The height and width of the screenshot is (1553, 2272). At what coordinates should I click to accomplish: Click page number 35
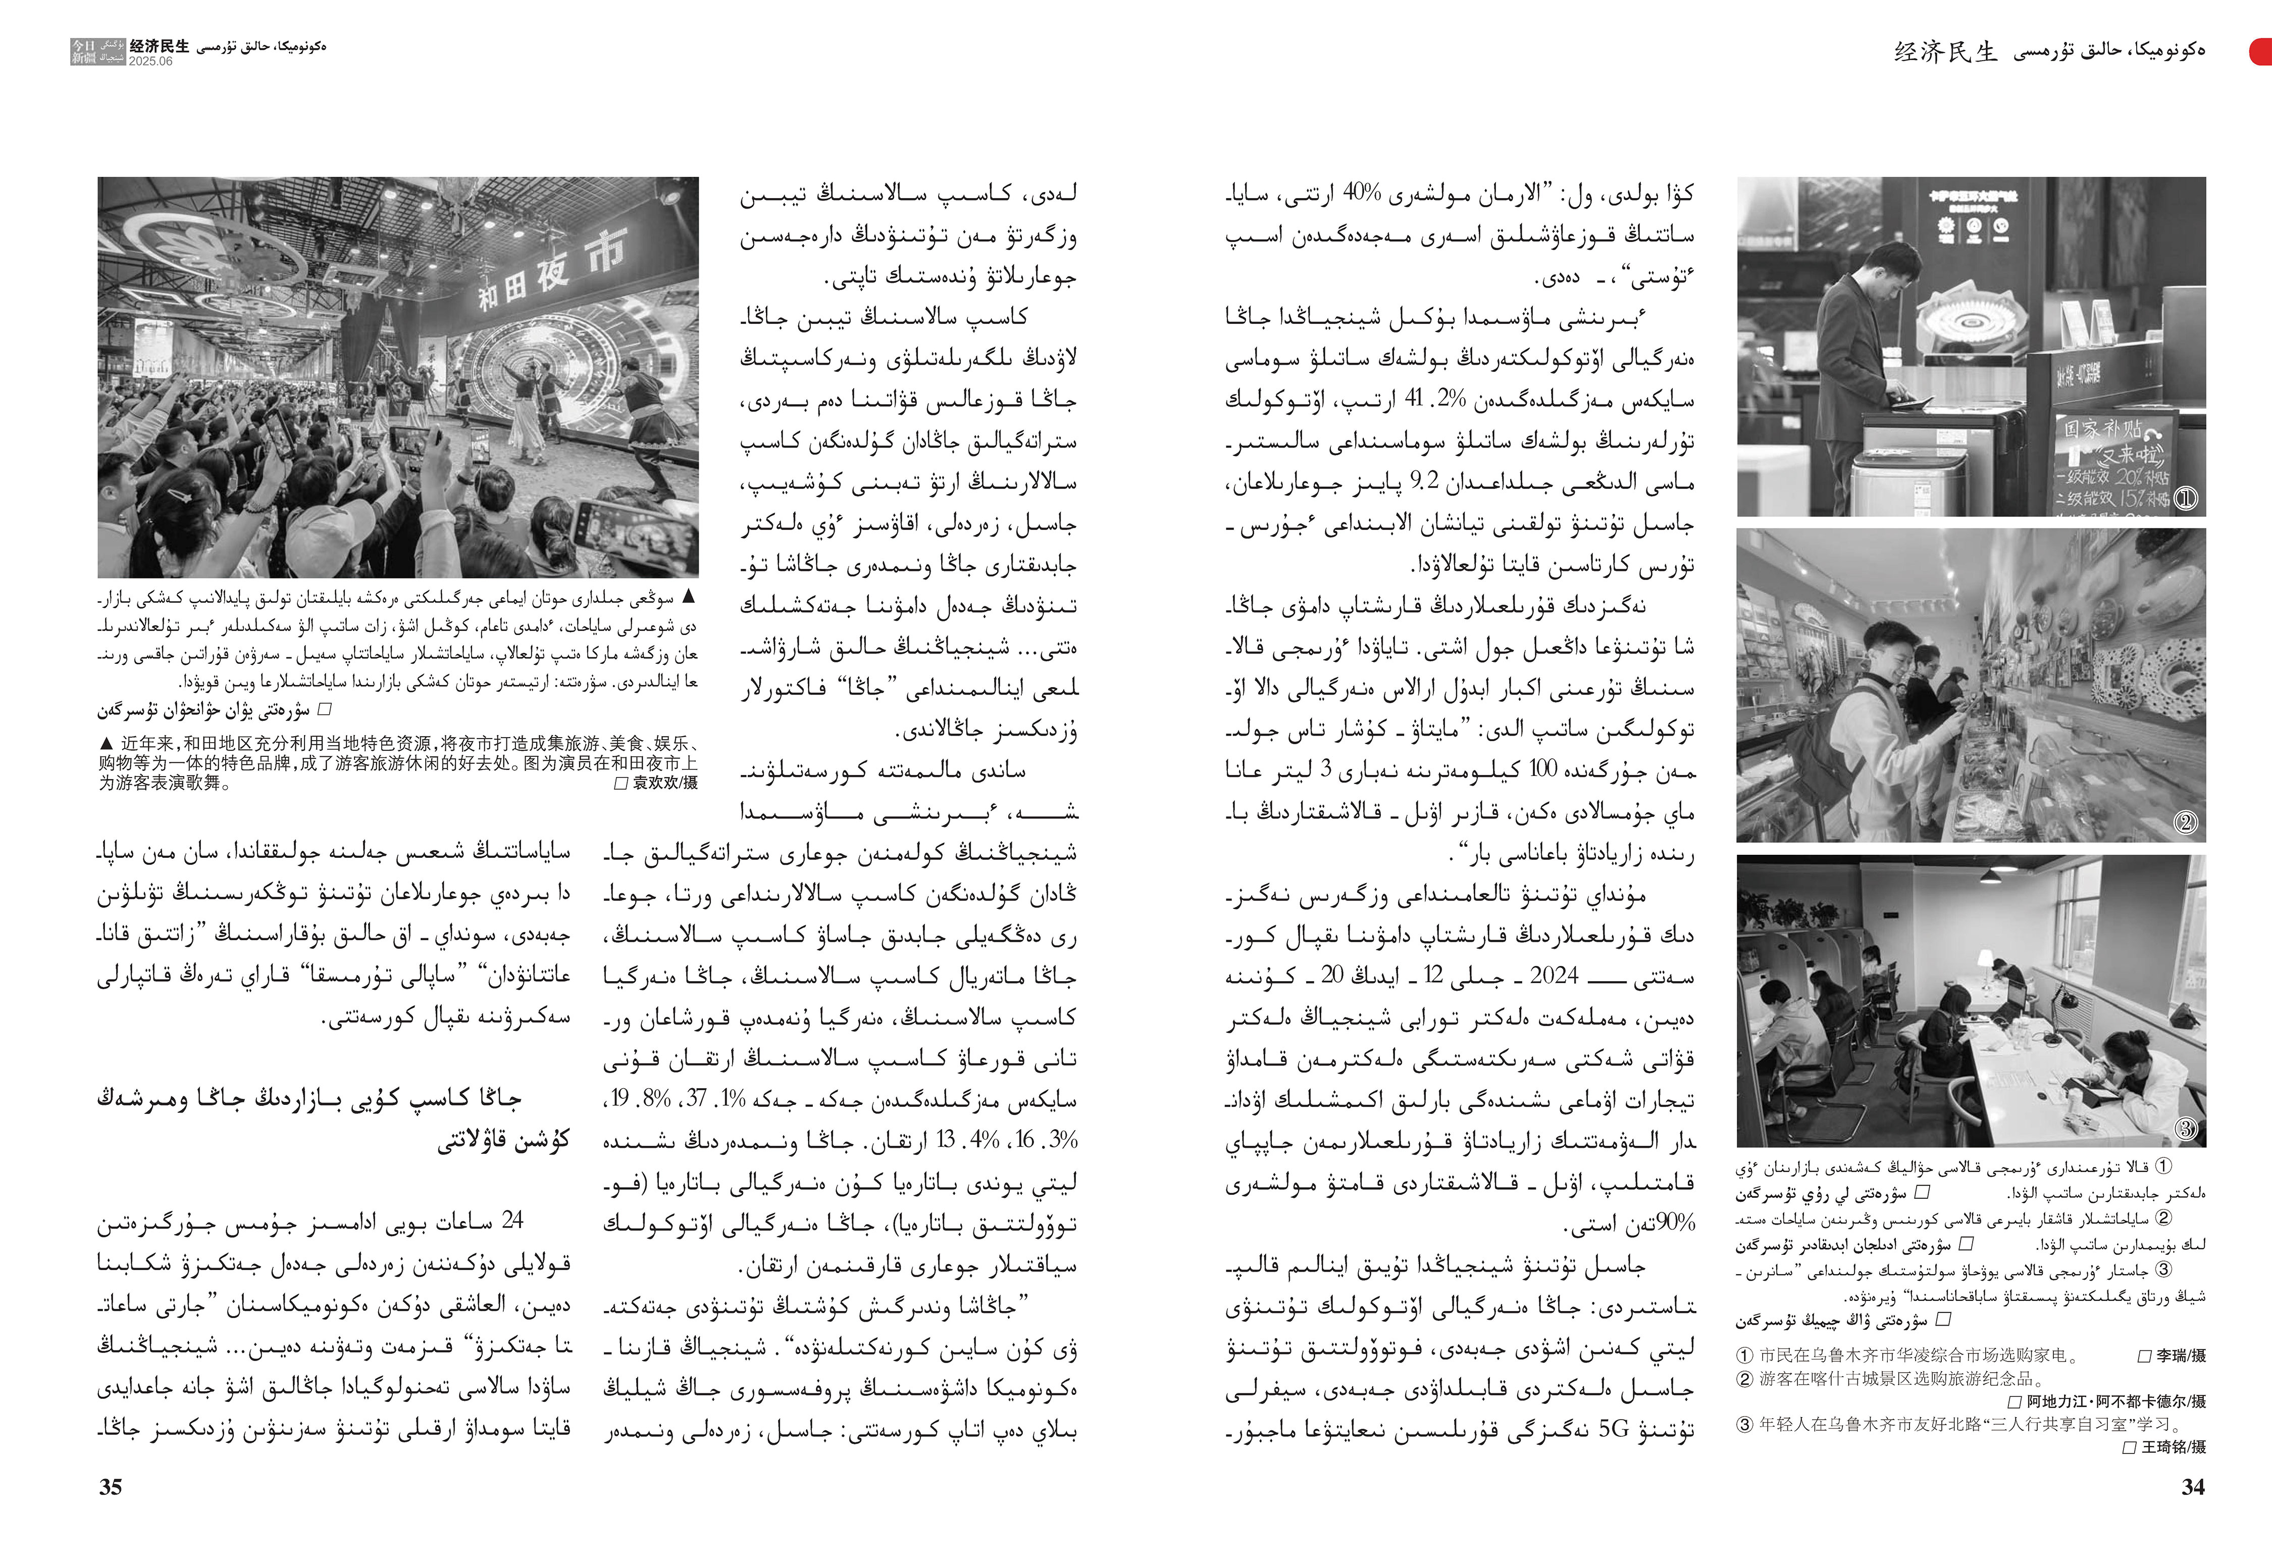[111, 1486]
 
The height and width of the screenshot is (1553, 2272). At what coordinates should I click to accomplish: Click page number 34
[2193, 1486]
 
